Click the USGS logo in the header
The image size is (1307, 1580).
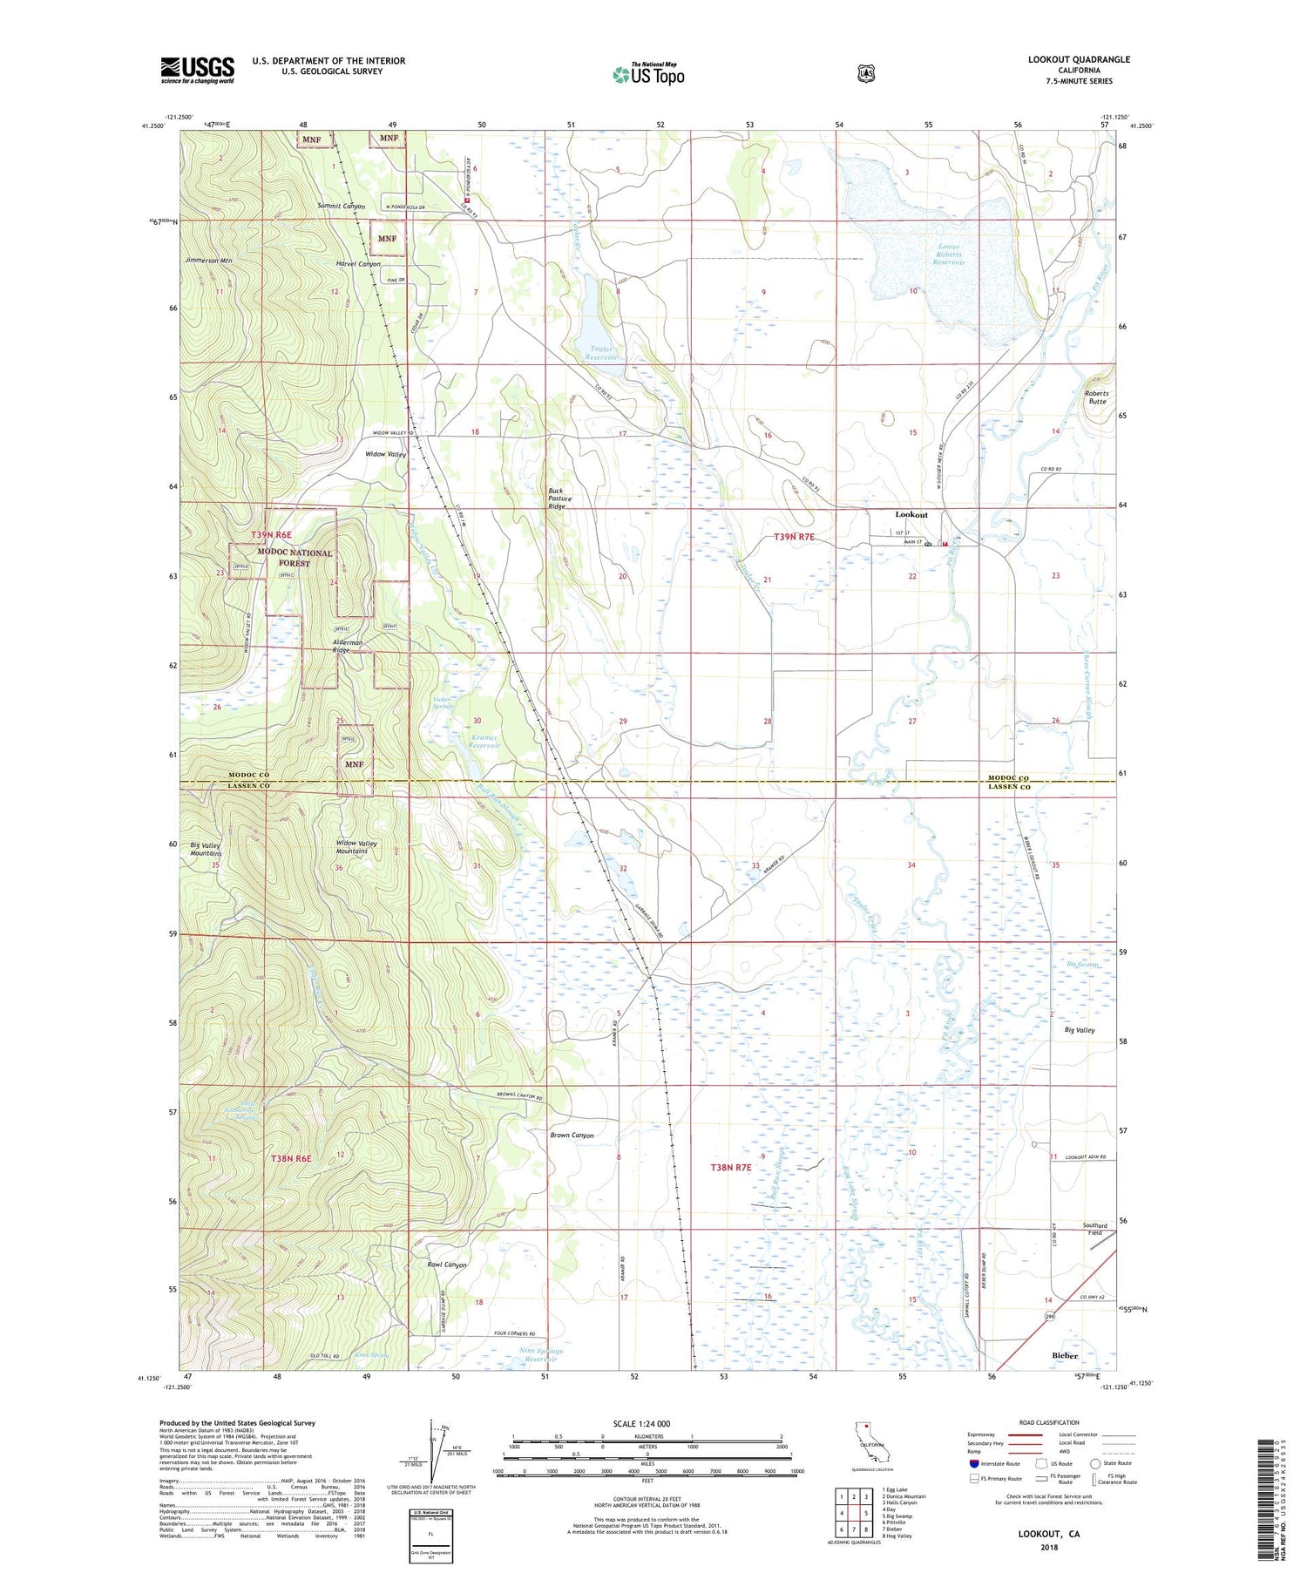click(x=197, y=70)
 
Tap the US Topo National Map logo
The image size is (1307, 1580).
click(x=648, y=74)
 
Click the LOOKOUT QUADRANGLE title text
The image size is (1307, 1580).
click(x=1078, y=59)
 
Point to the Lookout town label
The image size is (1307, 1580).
click(x=911, y=515)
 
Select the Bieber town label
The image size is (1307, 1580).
click(x=1064, y=1355)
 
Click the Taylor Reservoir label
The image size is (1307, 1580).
click(x=599, y=353)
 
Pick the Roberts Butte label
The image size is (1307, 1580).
click(x=1097, y=397)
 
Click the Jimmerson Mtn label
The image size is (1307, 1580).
click(x=208, y=261)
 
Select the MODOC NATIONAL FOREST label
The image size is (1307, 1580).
click(x=295, y=558)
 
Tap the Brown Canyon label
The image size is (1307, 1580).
click(x=572, y=1136)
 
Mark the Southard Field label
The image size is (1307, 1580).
click(x=1094, y=1229)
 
